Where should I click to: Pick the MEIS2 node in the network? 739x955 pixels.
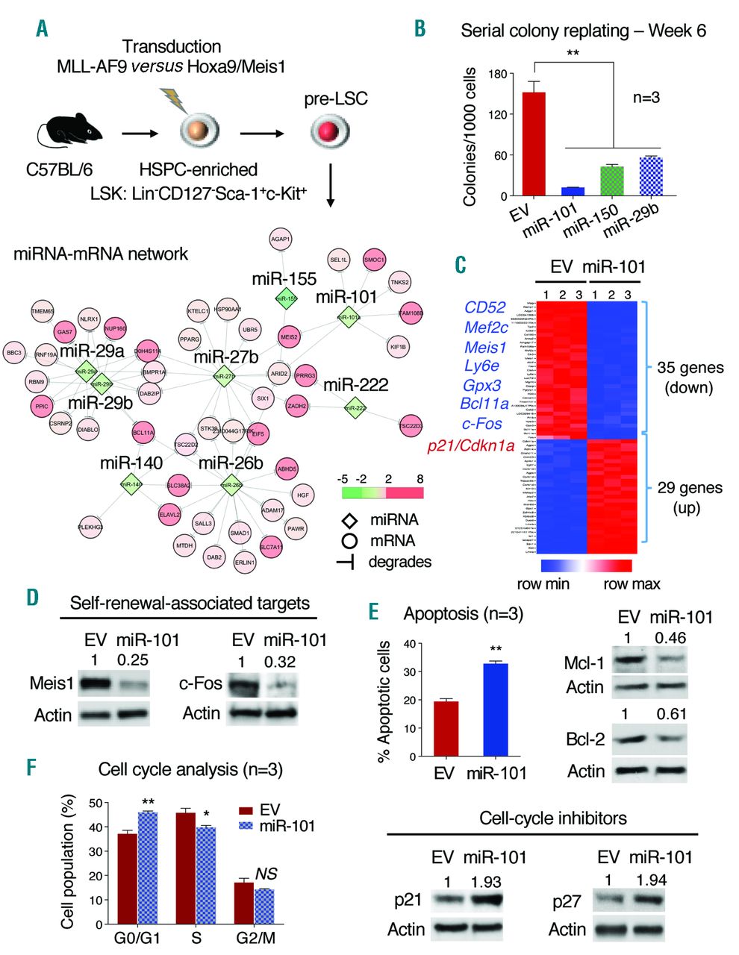pyautogui.click(x=289, y=337)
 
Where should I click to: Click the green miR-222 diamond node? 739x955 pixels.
pyautogui.click(x=356, y=408)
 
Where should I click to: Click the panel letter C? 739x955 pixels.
pyautogui.click(x=461, y=264)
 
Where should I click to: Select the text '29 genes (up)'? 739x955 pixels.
pyautogui.click(x=689, y=498)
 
